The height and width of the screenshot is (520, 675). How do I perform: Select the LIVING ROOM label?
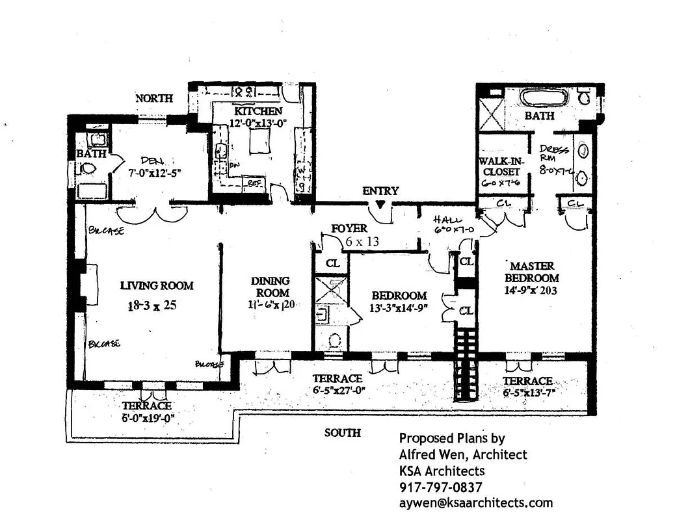coord(157,285)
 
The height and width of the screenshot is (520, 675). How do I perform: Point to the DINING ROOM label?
coord(271,287)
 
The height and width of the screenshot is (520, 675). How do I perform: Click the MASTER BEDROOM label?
coord(532,272)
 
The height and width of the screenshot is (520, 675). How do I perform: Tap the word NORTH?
coord(154,99)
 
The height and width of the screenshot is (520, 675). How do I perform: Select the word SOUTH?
coord(343,433)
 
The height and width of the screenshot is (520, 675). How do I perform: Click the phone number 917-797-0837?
coord(440,487)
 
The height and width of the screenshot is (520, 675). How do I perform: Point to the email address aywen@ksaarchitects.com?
coord(475,502)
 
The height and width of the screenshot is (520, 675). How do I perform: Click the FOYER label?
coord(349,229)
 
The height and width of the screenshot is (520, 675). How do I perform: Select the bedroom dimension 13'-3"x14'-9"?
coord(390,309)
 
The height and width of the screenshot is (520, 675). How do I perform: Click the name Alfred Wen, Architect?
coord(463,454)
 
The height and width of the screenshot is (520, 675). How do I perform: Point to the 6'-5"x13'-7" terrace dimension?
coord(527,393)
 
